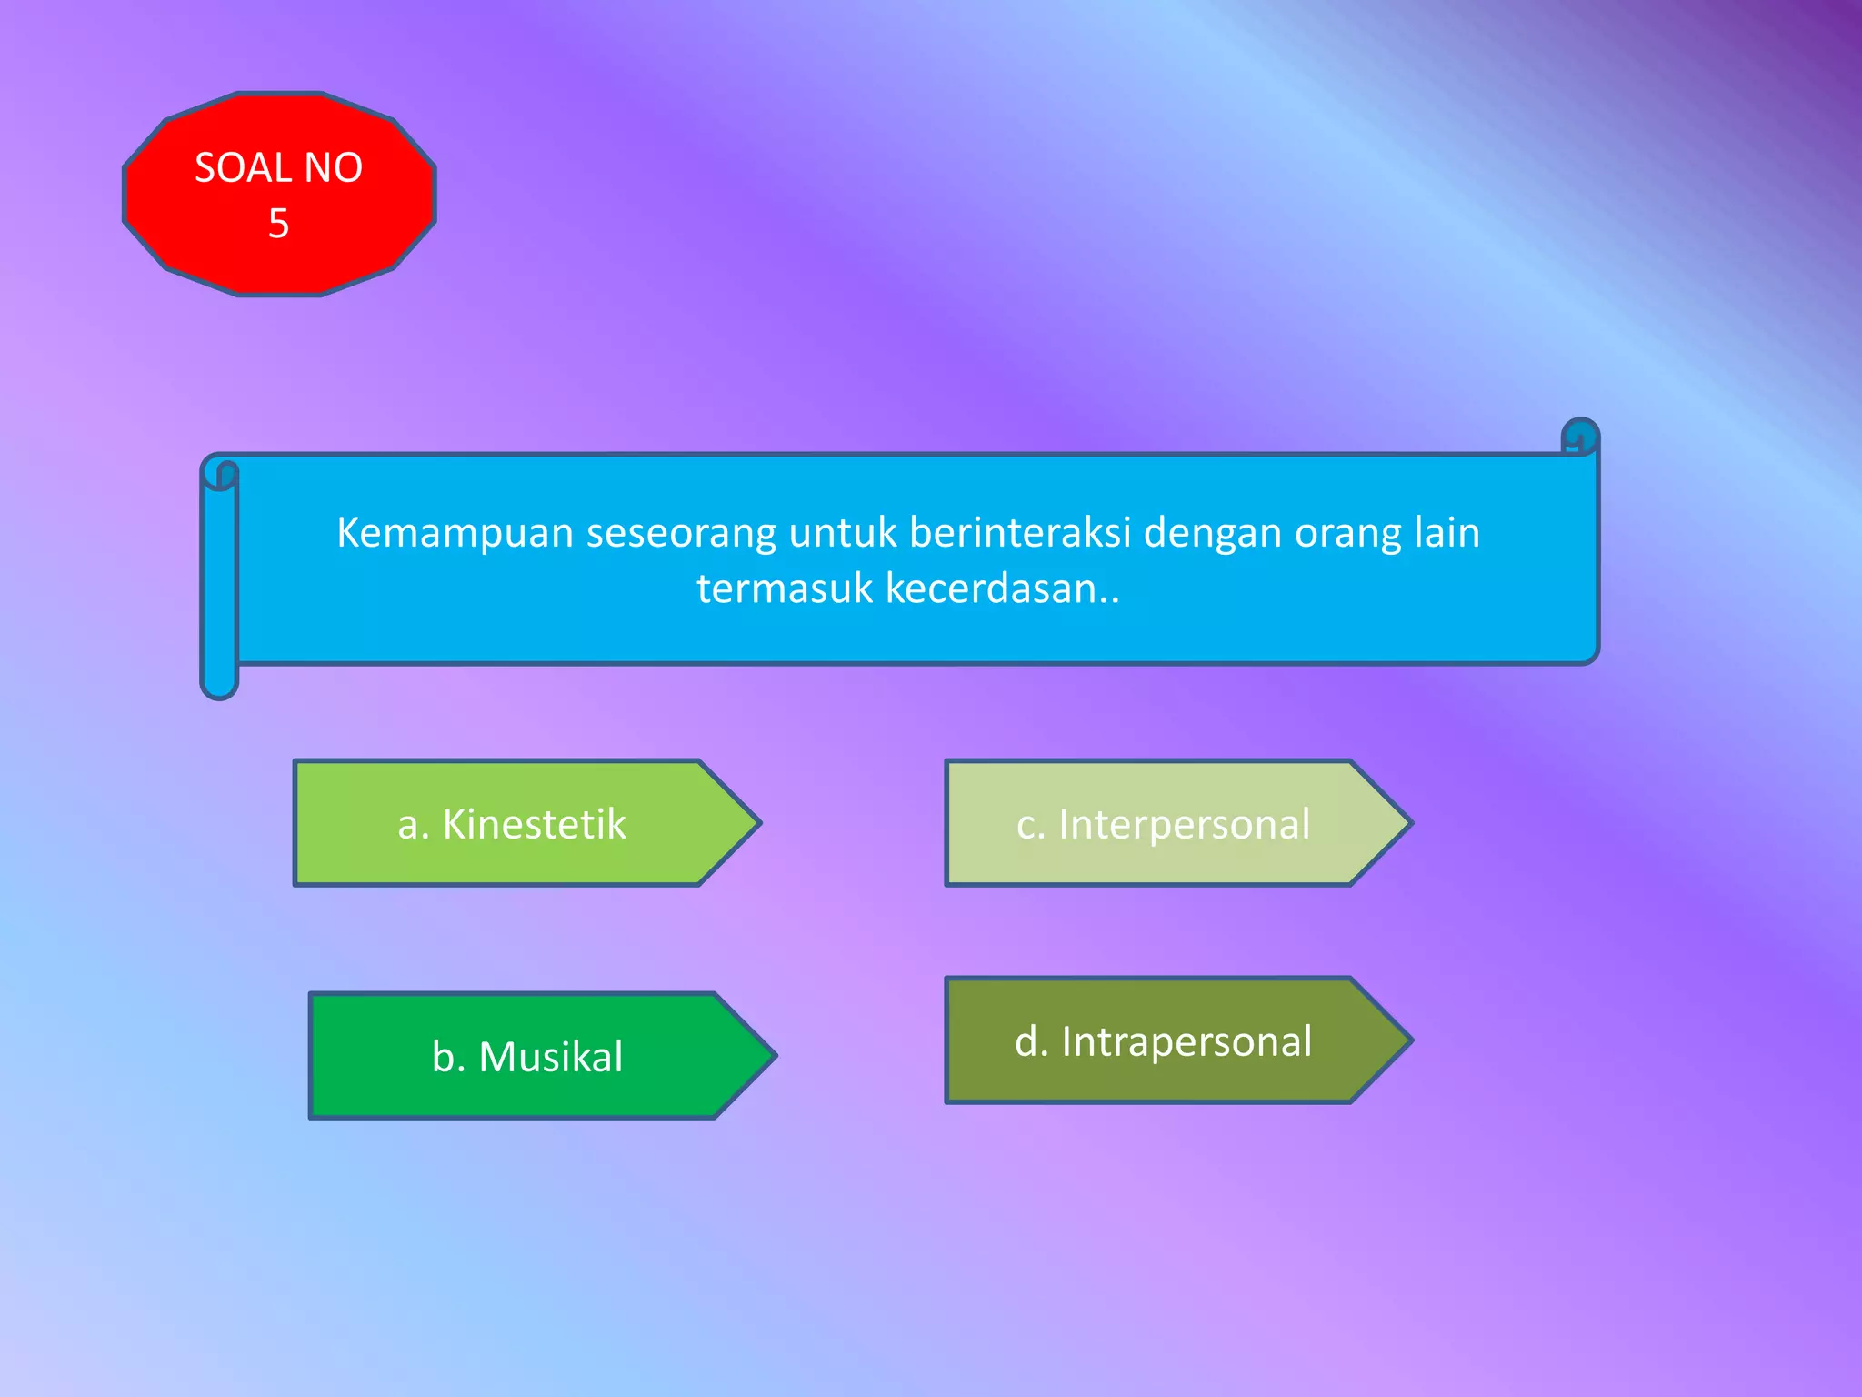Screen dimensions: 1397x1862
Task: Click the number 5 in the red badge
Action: (x=278, y=224)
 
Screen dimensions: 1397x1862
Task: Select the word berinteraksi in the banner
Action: (x=1020, y=532)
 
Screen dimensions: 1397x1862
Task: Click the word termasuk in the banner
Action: (x=785, y=588)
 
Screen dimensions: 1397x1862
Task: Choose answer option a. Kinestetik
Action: (x=511, y=824)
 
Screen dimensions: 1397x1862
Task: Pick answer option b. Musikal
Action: (x=527, y=1057)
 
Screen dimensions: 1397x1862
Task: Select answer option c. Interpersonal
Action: (x=1163, y=824)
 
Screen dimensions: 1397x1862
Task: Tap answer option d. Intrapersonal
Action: (x=1163, y=1041)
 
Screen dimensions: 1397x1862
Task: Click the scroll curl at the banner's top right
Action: (x=1580, y=437)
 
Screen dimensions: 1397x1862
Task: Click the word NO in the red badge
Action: (x=333, y=168)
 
